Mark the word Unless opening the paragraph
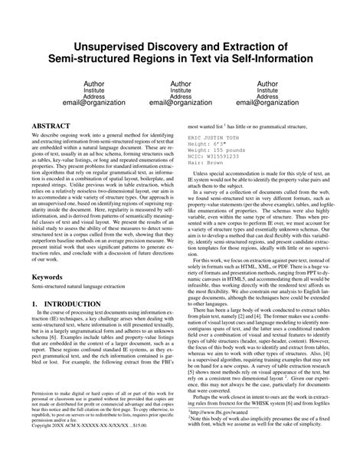coord(204,175)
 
